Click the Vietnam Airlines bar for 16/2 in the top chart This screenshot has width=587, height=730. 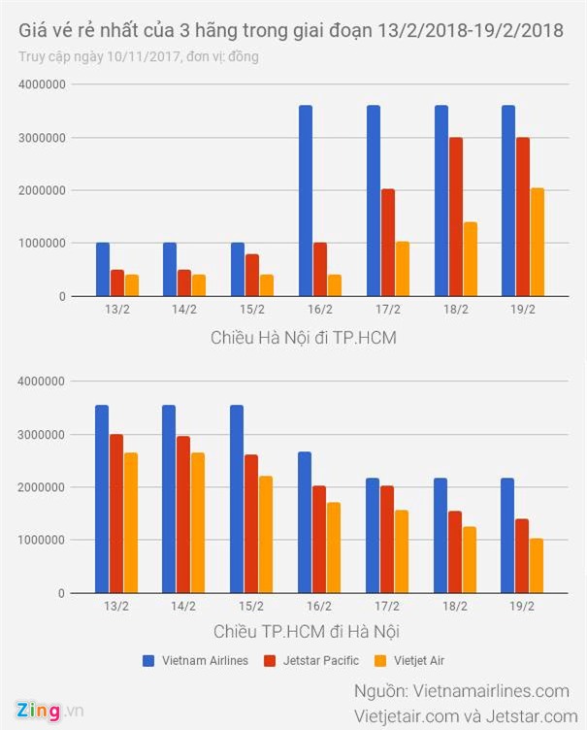306,200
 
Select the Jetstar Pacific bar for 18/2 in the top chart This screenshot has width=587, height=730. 455,216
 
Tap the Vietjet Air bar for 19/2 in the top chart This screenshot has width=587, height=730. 538,242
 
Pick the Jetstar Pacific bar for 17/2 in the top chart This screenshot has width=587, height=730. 388,242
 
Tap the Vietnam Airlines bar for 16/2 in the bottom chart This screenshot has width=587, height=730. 305,522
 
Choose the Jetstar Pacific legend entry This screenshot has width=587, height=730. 310,660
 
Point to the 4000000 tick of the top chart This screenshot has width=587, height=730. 42,85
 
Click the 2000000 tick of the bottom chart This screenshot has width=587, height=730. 42,487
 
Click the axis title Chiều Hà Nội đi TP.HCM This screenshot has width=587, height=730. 303,338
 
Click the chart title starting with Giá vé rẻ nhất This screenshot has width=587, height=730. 291,32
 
